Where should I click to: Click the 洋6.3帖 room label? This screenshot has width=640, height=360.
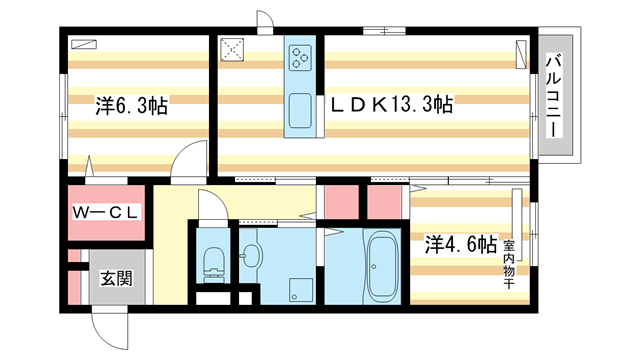(x=131, y=105)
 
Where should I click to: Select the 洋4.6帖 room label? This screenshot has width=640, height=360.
(x=460, y=243)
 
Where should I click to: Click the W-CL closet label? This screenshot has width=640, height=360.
(x=109, y=212)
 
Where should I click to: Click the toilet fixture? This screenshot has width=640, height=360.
(x=213, y=266)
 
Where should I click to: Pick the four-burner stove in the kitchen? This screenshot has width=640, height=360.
(x=300, y=58)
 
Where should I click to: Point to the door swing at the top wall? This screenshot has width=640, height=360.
(x=266, y=23)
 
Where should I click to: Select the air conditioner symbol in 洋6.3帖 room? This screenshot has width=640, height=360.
(x=85, y=44)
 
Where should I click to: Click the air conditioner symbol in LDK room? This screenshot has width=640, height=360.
(x=521, y=50)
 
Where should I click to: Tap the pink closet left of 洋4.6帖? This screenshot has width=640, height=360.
(x=384, y=200)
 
